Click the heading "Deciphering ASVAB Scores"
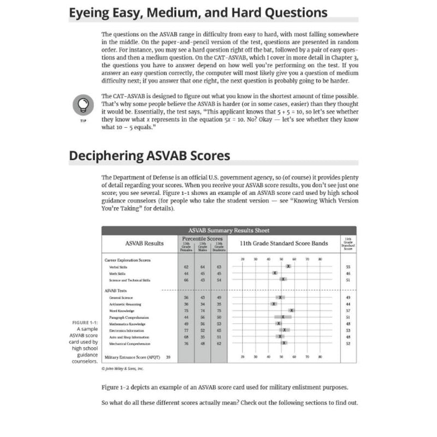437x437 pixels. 149,155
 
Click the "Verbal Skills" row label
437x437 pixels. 118,267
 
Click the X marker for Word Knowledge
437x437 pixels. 292,310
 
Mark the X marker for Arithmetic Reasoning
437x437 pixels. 274,304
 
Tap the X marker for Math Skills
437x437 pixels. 275,273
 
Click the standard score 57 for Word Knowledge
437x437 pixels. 348,310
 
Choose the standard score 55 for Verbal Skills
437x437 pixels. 348,267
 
